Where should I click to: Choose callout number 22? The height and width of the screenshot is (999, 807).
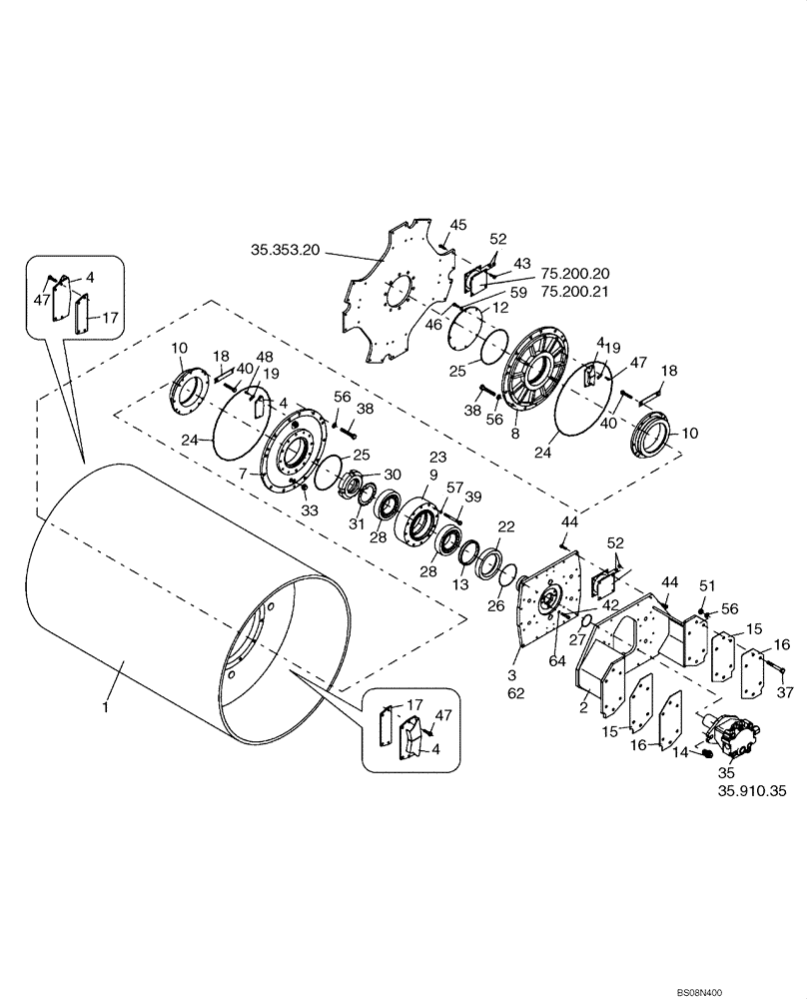point(505,526)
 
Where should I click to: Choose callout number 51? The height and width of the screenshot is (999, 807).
point(706,585)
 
